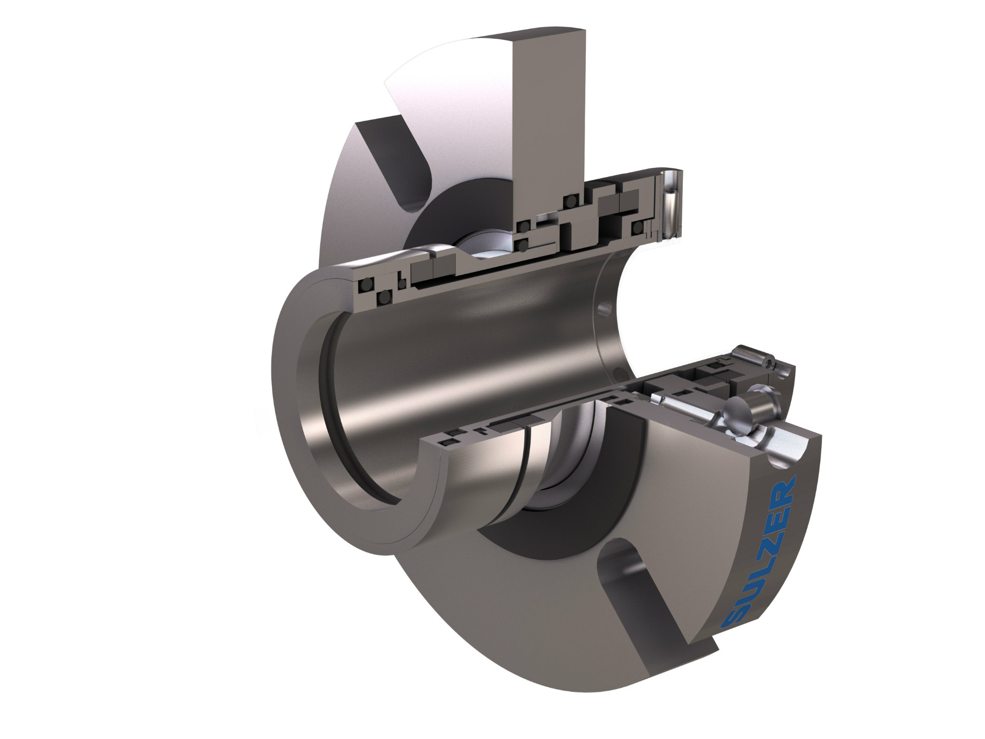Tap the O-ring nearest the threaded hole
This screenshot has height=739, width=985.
(637, 227)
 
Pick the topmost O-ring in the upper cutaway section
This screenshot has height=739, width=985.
(568, 201)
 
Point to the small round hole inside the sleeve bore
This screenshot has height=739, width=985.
(603, 307)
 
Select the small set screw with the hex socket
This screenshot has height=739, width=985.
(768, 362)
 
